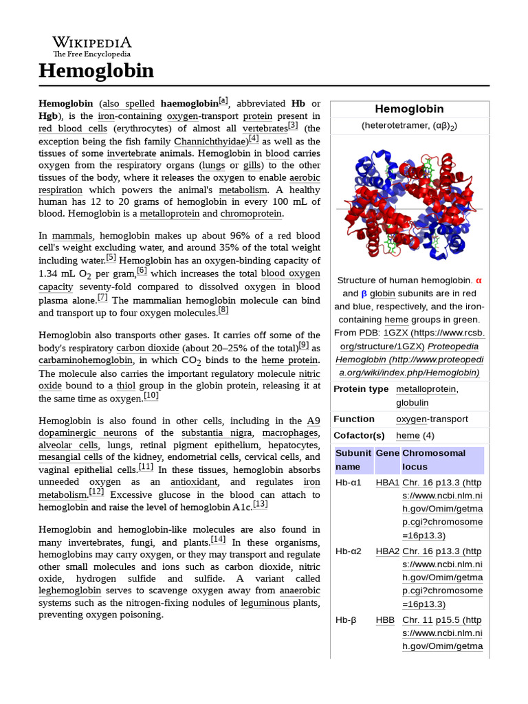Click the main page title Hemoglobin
pyautogui.click(x=96, y=71)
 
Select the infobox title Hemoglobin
pyautogui.click(x=409, y=109)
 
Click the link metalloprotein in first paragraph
pyautogui.click(x=169, y=214)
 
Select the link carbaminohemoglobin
pyautogui.click(x=86, y=360)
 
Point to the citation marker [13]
pyautogui.click(x=261, y=505)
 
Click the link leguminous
pyautogui.click(x=265, y=603)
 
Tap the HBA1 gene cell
pyautogui.click(x=387, y=483)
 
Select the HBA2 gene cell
pyautogui.click(x=387, y=551)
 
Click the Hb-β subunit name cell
pyautogui.click(x=346, y=620)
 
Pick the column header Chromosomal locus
pyautogui.click(x=434, y=460)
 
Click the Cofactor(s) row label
pyautogui.click(x=359, y=436)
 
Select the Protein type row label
pyautogui.click(x=361, y=389)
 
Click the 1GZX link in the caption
pyautogui.click(x=395, y=333)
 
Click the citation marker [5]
pyautogui.click(x=111, y=258)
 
